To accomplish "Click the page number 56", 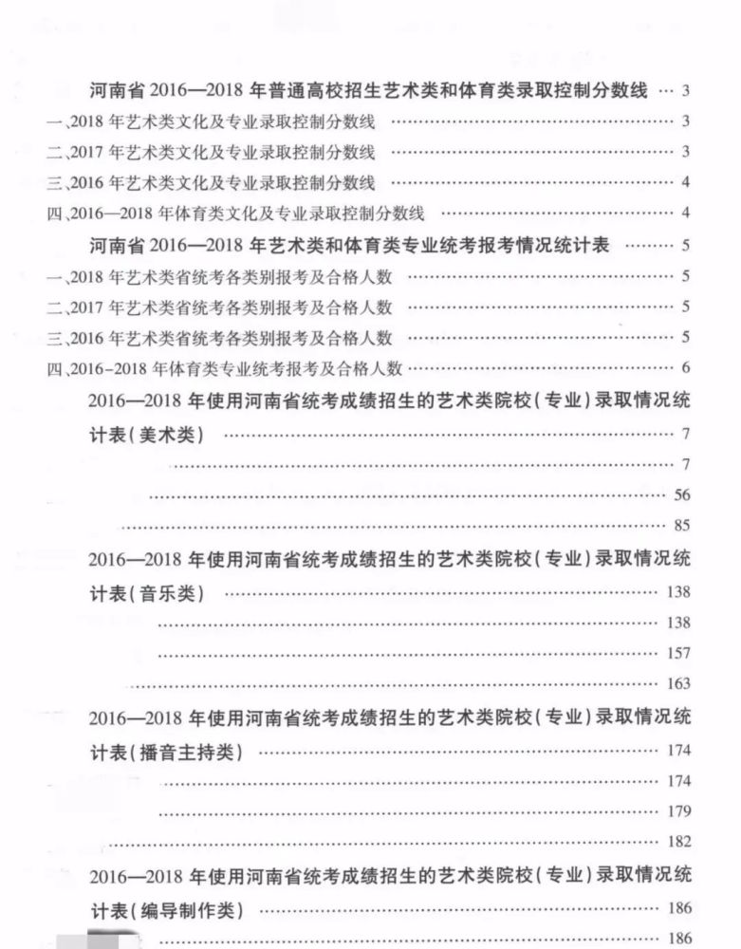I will click(680, 494).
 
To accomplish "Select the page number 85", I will click(680, 525).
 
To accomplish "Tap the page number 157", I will click(677, 653).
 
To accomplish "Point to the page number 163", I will click(677, 683).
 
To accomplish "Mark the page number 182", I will click(677, 842).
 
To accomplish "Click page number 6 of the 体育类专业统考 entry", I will click(684, 368).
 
